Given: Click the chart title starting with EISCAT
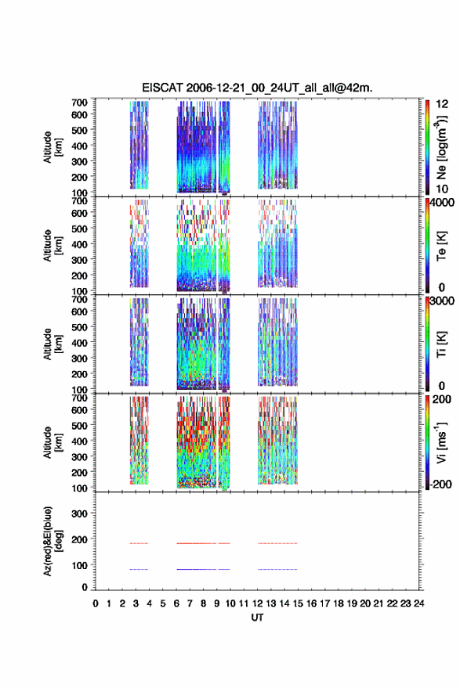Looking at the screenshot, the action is click(x=257, y=88).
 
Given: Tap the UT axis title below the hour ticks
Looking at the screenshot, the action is click(x=257, y=618).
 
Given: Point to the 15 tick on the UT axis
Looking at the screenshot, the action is click(x=298, y=603).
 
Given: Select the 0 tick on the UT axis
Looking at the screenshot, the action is click(x=96, y=603).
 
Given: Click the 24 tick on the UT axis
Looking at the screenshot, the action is click(x=419, y=603).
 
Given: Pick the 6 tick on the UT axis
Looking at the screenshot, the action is click(x=176, y=603).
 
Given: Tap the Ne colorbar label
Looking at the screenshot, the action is click(x=441, y=147).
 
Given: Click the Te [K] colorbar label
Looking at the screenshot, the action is click(x=441, y=246).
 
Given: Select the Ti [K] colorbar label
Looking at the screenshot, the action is click(x=441, y=344).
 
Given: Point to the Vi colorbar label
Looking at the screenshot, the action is click(x=441, y=442).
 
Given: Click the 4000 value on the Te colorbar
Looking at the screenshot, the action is click(x=442, y=203).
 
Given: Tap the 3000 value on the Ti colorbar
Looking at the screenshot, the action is click(x=442, y=301).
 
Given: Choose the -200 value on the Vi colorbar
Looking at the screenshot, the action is click(x=440, y=484).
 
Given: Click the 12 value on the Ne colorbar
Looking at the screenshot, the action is click(x=442, y=104).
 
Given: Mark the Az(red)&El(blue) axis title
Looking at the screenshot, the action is click(x=53, y=541).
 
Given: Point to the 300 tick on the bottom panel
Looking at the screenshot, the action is click(x=79, y=513).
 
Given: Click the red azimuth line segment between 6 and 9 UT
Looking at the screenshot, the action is click(x=197, y=543).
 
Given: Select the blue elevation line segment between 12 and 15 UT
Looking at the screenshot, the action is click(x=277, y=569).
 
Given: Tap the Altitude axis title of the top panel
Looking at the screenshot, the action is click(x=53, y=147).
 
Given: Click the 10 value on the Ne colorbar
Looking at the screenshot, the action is click(x=442, y=189).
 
